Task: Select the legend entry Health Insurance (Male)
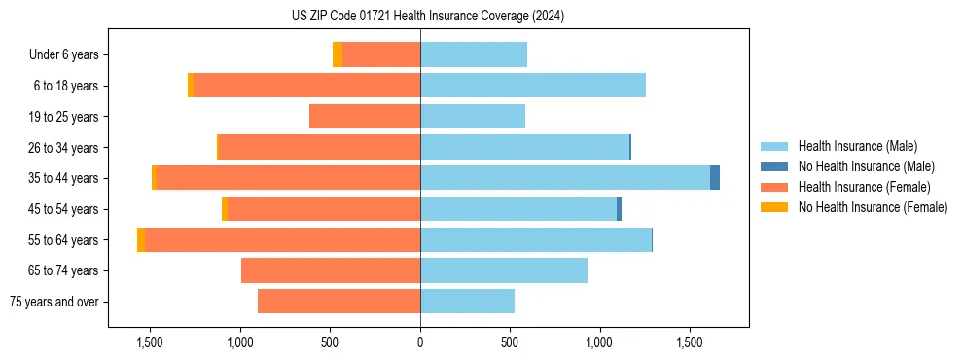(x=857, y=146)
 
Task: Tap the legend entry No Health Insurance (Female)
(x=873, y=207)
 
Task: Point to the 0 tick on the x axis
(x=420, y=343)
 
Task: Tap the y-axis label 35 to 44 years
(x=63, y=178)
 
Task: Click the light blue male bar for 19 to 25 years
(x=473, y=117)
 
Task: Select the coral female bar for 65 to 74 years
(x=331, y=270)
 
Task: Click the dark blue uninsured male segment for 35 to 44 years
(x=715, y=178)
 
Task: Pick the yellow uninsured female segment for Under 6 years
(x=338, y=54)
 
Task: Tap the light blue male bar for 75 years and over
(x=467, y=302)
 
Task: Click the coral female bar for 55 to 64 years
(x=282, y=239)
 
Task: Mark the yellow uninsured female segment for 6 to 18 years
(x=191, y=86)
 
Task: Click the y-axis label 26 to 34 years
(x=63, y=147)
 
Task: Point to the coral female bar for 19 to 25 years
(x=365, y=117)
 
